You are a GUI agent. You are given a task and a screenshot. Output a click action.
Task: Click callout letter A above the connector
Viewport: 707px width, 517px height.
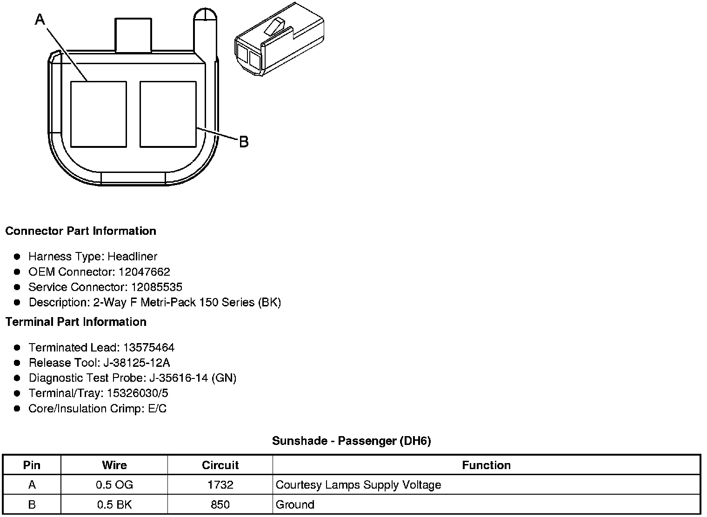[40, 20]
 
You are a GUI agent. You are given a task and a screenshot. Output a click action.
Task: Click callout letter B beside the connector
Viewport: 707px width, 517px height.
[244, 141]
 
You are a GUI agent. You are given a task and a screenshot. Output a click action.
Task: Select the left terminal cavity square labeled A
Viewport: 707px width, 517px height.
[98, 114]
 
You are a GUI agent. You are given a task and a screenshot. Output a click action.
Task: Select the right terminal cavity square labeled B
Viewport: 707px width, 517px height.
[168, 114]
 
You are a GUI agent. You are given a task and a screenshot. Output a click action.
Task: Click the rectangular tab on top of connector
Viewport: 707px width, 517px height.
[133, 35]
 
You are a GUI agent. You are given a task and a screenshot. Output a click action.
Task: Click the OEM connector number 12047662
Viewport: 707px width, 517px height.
[144, 272]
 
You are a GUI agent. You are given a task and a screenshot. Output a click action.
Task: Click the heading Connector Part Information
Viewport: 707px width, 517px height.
[80, 231]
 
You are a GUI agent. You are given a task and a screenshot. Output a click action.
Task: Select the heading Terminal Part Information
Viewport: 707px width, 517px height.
[76, 322]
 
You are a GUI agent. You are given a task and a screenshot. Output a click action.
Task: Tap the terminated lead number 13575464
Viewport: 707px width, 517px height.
[149, 348]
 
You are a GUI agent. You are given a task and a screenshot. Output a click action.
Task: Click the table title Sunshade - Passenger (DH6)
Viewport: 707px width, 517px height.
[351, 441]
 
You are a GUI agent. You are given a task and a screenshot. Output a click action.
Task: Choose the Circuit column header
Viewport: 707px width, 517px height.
[220, 465]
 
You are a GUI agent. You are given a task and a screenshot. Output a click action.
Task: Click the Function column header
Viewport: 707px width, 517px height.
[486, 465]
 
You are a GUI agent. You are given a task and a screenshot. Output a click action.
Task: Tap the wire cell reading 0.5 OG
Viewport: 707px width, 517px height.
[114, 485]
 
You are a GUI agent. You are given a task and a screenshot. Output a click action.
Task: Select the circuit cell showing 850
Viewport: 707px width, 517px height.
[220, 505]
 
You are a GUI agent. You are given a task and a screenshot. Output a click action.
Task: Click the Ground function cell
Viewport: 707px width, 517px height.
[295, 505]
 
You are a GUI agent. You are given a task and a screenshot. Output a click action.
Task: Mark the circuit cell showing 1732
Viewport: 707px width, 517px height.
[220, 485]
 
